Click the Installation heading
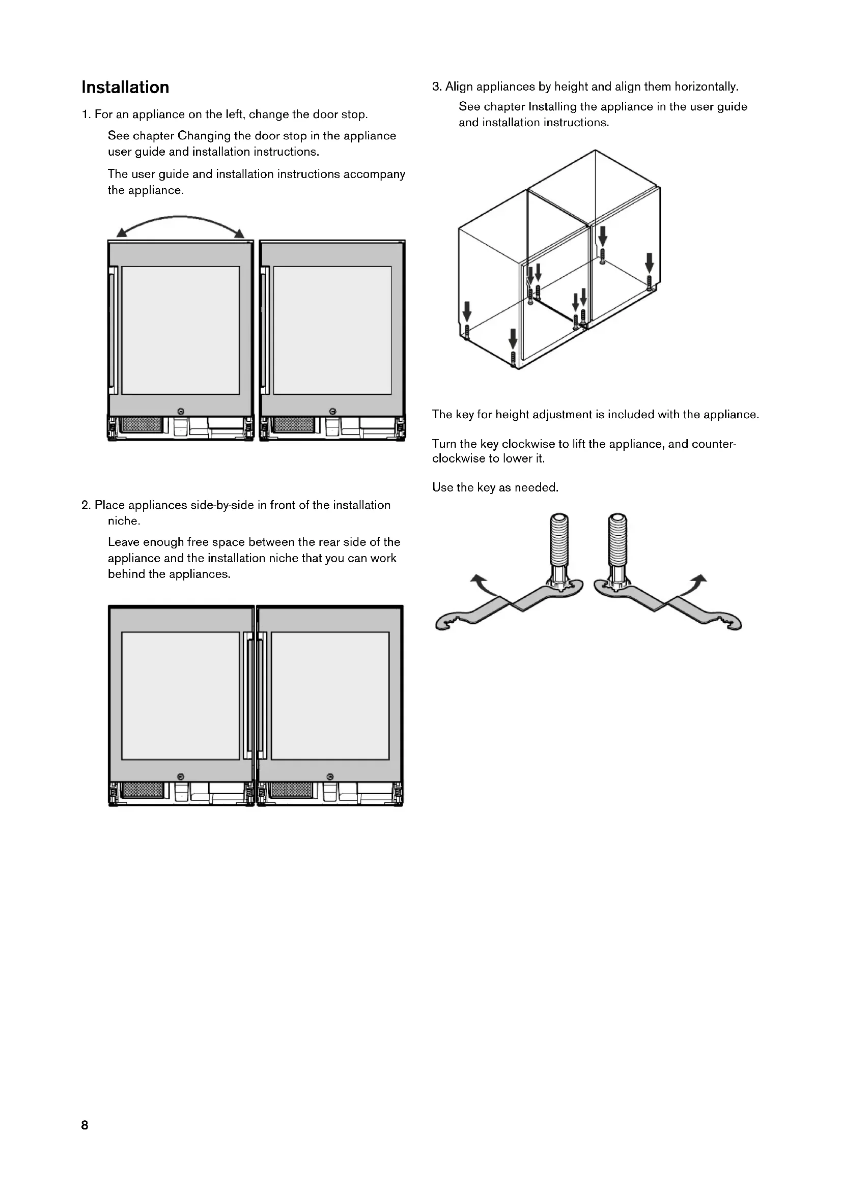125,87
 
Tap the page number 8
85,1125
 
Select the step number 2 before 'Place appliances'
86,505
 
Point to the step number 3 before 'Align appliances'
436,86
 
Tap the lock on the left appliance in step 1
180,411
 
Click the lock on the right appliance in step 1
333,411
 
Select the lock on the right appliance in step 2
330,776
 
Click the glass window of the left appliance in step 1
180,330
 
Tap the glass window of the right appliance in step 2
330,695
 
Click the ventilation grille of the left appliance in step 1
142,425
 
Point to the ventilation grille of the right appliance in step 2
292,790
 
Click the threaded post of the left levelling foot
559,542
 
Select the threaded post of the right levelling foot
618,542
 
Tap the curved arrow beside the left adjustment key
481,583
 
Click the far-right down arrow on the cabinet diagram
649,262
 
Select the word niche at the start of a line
124,521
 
